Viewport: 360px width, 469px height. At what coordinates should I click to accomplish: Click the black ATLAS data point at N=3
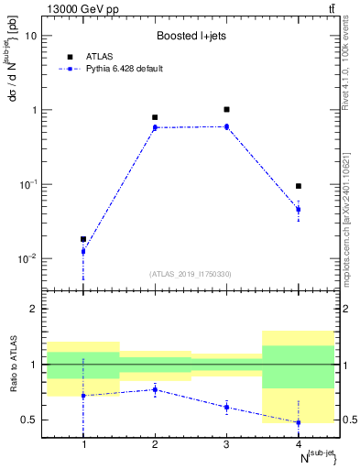(x=226, y=109)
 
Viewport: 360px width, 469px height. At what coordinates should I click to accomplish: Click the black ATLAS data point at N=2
(x=155, y=117)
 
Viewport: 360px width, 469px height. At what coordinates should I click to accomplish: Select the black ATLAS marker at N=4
(x=298, y=186)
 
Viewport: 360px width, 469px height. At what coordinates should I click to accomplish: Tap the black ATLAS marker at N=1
(x=83, y=239)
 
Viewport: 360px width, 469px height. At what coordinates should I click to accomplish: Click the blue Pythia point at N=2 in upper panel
(x=155, y=127)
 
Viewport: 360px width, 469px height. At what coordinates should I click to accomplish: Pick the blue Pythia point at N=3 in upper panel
(x=226, y=126)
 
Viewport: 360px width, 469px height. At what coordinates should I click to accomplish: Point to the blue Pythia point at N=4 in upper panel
(x=298, y=210)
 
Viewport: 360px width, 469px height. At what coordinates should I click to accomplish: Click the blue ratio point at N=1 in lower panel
(x=83, y=396)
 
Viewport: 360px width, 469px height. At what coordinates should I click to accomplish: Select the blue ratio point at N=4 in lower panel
(x=298, y=422)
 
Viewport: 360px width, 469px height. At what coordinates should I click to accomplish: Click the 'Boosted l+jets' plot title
(x=191, y=37)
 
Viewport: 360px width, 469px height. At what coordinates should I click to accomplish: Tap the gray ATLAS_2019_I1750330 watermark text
(x=191, y=274)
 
